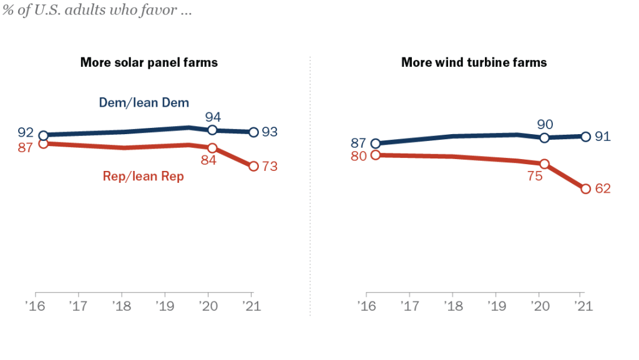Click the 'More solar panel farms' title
point(149,62)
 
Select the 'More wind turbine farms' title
point(474,62)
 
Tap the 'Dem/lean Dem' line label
point(144,102)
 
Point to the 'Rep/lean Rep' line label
point(144,177)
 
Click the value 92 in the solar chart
point(25,133)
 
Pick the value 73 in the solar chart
point(270,167)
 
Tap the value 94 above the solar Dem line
point(213,117)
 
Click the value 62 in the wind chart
point(602,188)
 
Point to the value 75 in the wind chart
point(535,176)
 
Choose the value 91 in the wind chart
point(602,136)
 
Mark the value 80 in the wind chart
point(358,156)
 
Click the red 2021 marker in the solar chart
point(253,166)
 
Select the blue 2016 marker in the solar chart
point(44,135)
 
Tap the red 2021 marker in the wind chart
point(585,188)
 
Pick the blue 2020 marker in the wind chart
point(544,138)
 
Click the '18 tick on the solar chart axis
point(121,306)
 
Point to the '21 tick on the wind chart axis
point(581,306)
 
